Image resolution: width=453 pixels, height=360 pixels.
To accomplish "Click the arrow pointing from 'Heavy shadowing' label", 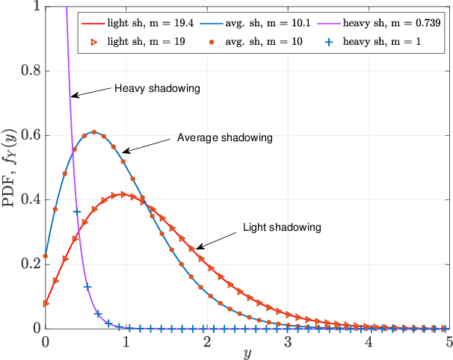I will tap(90, 93).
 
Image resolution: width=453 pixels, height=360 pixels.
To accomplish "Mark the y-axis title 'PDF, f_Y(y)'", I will tap(10, 168).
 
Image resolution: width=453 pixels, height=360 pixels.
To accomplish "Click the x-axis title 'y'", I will tap(247, 353).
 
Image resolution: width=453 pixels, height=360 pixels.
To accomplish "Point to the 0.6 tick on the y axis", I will tap(30, 135).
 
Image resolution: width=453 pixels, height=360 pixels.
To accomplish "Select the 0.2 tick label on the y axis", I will tap(30, 264).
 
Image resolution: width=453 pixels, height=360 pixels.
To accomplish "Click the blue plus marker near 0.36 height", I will tap(76, 212).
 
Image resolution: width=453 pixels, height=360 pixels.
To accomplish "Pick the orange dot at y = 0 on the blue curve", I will tap(46, 255).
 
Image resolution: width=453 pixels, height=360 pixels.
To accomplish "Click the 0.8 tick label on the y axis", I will tap(30, 71).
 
